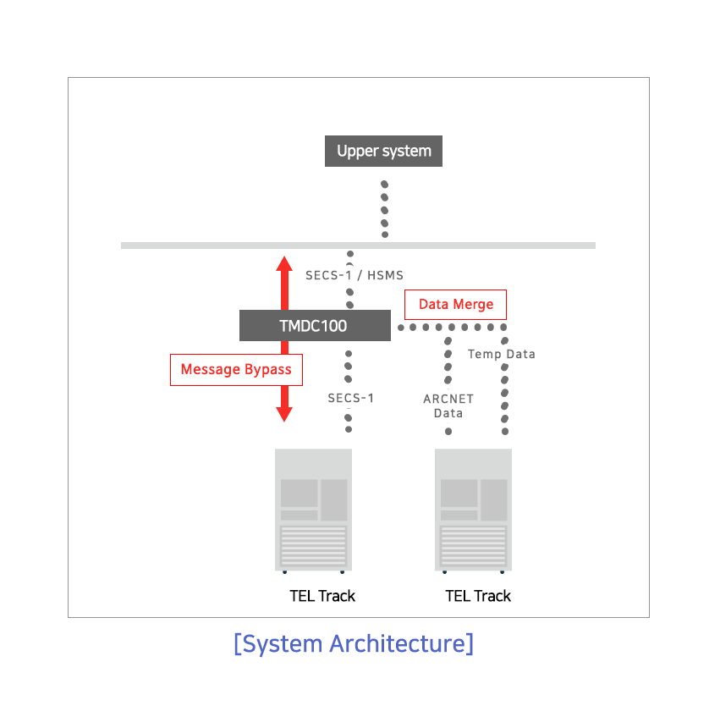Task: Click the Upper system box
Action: click(x=383, y=151)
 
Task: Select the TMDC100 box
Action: click(x=315, y=325)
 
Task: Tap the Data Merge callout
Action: click(x=456, y=305)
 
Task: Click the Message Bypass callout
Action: click(x=236, y=370)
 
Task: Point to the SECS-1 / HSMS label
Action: click(x=354, y=275)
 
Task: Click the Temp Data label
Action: click(x=501, y=354)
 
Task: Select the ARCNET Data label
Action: click(x=448, y=405)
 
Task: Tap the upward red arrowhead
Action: click(x=284, y=264)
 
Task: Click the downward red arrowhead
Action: click(x=284, y=414)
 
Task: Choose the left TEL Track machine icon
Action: click(x=313, y=510)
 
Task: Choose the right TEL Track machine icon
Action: click(x=473, y=510)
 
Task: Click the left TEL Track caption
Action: click(x=322, y=596)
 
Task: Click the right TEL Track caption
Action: click(x=478, y=596)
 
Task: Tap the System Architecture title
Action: click(x=354, y=643)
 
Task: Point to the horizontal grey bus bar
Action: click(x=358, y=245)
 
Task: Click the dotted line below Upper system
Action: click(x=385, y=209)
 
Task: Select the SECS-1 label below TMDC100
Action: click(x=351, y=398)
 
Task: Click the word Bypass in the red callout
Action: click(x=267, y=370)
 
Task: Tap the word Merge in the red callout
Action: click(x=473, y=305)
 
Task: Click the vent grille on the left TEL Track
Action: click(x=313, y=546)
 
